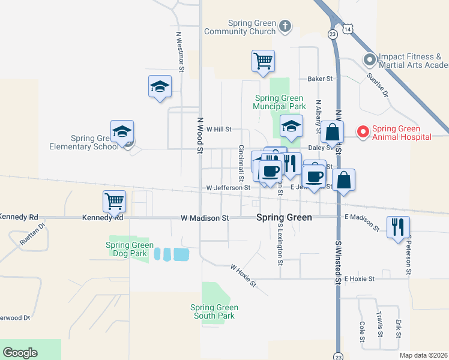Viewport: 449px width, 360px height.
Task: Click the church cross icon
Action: pyautogui.click(x=285, y=26)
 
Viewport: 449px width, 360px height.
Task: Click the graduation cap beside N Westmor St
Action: pyautogui.click(x=160, y=86)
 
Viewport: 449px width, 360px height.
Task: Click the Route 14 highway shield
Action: pyautogui.click(x=348, y=29)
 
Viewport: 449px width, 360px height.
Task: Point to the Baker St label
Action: pyautogui.click(x=320, y=79)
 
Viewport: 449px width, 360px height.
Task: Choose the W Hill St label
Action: pyautogui.click(x=218, y=129)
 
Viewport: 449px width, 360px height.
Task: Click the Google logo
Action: pyautogui.click(x=20, y=353)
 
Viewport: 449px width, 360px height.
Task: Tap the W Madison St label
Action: pyautogui.click(x=205, y=218)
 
